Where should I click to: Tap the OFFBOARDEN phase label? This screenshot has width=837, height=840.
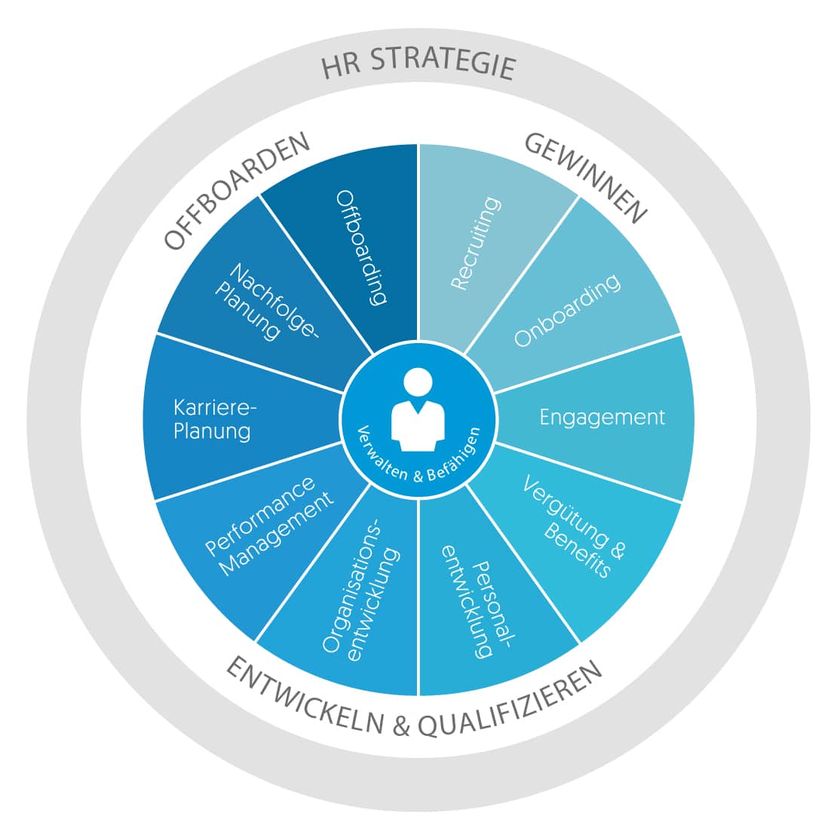(x=236, y=190)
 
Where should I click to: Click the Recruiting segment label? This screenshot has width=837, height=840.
(x=476, y=244)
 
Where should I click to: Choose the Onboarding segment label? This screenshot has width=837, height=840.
(x=567, y=310)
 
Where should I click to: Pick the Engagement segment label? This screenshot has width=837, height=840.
(x=602, y=417)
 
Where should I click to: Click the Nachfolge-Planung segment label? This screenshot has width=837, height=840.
(x=266, y=301)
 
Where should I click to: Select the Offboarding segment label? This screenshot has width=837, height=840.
(x=361, y=247)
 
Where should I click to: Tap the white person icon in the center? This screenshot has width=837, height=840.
(x=418, y=410)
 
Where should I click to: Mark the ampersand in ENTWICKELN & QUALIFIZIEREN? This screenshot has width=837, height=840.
(x=400, y=725)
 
